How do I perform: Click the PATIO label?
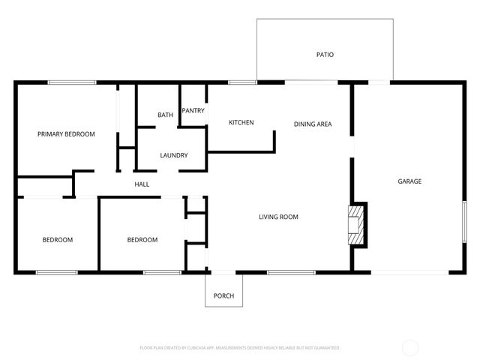(x=324, y=55)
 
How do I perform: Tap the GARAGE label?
(x=409, y=181)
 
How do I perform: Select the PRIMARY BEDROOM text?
(x=66, y=134)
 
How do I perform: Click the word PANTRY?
(x=193, y=111)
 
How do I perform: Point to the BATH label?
(x=165, y=115)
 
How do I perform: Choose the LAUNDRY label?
(x=173, y=155)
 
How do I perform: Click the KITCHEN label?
(x=241, y=122)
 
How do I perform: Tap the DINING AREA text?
(x=312, y=124)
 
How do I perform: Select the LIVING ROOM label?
(x=278, y=217)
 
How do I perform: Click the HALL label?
(x=142, y=184)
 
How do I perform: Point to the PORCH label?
(x=223, y=296)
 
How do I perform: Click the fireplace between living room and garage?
(x=356, y=224)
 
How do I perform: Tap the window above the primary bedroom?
(x=72, y=82)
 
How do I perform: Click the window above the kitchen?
(x=241, y=82)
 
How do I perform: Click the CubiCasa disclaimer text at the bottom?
(x=240, y=348)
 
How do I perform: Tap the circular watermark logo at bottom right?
(x=410, y=348)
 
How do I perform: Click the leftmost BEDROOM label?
(x=57, y=240)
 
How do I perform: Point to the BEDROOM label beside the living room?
(x=142, y=240)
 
